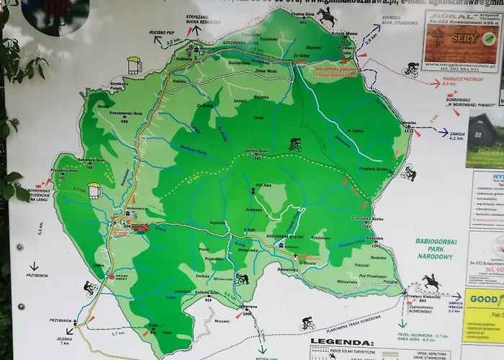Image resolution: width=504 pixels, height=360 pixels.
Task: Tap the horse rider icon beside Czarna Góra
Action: pyautogui.click(x=328, y=17)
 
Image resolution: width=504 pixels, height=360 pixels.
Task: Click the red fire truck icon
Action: pyautogui.click(x=140, y=227)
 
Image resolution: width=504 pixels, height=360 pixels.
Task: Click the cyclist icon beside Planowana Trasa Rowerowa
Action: pyautogui.click(x=307, y=323)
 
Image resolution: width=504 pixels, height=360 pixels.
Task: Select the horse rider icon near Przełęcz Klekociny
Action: pyautogui.click(x=431, y=282)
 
